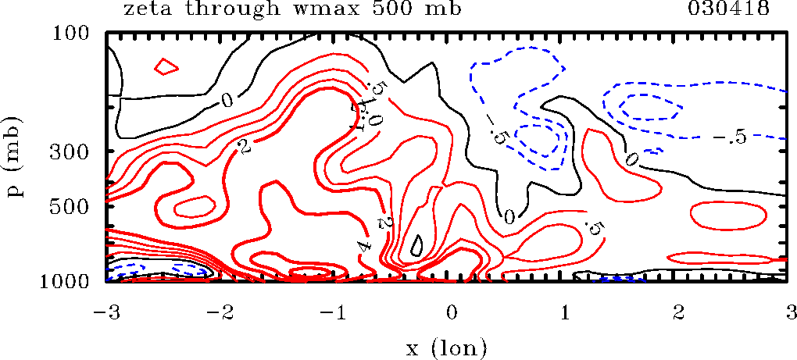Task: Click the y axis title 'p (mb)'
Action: click(x=16, y=157)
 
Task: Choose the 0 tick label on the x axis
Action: click(x=451, y=313)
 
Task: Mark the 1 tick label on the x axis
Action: click(x=565, y=313)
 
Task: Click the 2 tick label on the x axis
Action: click(x=678, y=313)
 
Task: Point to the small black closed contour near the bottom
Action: click(x=417, y=247)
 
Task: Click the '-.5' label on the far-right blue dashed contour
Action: click(x=730, y=137)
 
